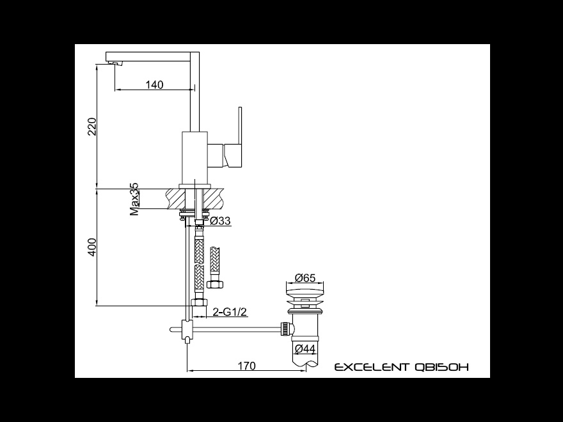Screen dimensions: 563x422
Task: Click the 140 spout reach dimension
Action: (x=154, y=84)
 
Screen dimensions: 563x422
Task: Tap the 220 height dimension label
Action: (x=92, y=127)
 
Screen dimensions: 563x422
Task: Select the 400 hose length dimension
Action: (x=92, y=247)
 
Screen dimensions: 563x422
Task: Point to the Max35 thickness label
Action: (x=134, y=199)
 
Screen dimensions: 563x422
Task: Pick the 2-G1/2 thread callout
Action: (x=230, y=312)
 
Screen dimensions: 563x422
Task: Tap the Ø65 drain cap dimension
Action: (x=305, y=277)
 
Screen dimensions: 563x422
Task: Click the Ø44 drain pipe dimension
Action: (x=305, y=348)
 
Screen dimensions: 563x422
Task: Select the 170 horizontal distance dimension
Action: (x=247, y=366)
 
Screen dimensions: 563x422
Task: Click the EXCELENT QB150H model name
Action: (x=401, y=367)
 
